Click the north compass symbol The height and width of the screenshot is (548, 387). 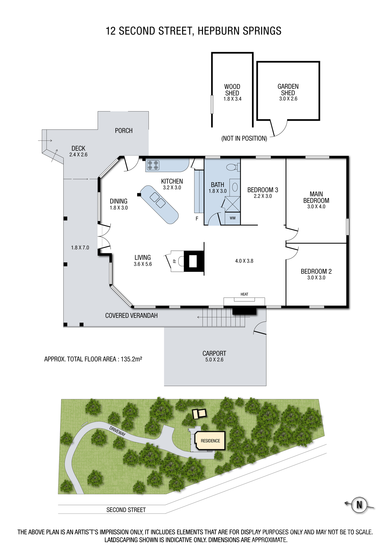pos(359,504)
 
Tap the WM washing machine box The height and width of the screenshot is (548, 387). pos(233,218)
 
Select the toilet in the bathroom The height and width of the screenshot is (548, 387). pos(233,167)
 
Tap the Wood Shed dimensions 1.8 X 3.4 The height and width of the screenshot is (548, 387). pos(232,99)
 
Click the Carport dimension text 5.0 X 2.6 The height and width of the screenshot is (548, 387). pos(214,360)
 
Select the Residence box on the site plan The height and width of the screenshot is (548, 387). pos(210,441)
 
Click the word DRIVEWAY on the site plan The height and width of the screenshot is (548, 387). pos(117,431)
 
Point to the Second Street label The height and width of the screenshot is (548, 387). pos(126,510)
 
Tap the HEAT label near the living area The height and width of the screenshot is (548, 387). pos(244,294)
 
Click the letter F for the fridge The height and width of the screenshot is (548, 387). pos(197,219)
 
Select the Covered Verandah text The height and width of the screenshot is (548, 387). pos(131,316)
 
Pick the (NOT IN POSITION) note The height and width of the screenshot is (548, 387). pos(244,138)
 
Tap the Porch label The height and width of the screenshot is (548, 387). pos(124,131)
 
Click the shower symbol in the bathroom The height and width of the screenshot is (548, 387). pos(232,204)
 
